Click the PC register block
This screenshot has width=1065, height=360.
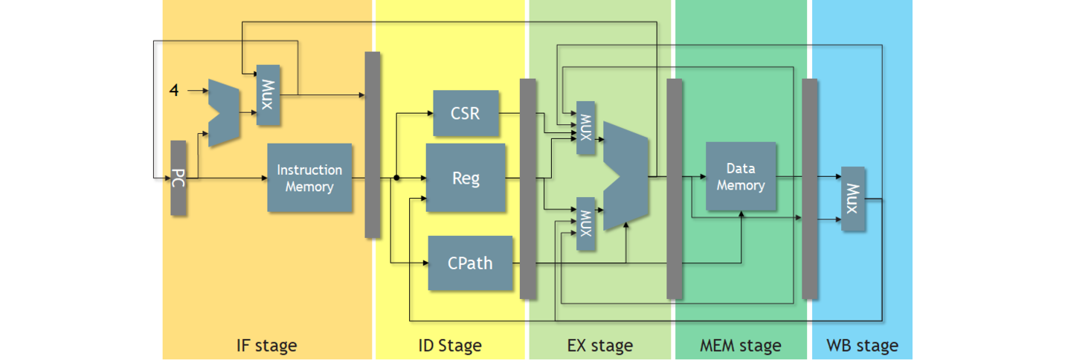point(178,178)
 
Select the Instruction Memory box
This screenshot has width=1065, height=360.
point(309,178)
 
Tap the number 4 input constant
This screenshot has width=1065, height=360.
point(174,91)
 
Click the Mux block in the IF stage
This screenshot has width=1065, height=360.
point(268,95)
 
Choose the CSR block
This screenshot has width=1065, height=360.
point(466,114)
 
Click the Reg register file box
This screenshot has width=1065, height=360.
point(466,178)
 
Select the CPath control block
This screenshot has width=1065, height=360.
point(470,263)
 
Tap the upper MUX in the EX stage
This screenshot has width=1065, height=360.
point(586,128)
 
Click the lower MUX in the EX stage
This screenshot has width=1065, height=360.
point(586,224)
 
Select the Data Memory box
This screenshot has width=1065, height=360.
point(741,177)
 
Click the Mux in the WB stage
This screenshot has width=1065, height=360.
point(853,199)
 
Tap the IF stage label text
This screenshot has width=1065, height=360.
point(266,346)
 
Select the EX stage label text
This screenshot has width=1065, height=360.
point(599,346)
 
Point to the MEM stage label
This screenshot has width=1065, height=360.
point(740,346)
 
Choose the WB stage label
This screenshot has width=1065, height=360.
point(862,346)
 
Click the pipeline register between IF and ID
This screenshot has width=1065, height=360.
point(373,145)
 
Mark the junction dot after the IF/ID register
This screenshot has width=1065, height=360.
point(396,178)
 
